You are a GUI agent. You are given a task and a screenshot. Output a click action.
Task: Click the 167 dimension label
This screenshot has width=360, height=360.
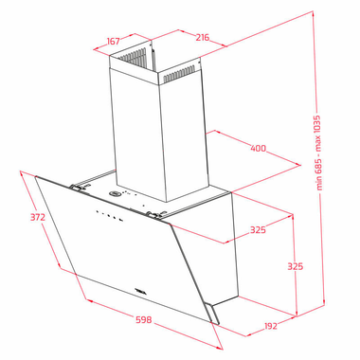coord(113,41)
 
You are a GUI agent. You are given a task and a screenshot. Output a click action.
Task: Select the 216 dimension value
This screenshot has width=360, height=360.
coord(202,37)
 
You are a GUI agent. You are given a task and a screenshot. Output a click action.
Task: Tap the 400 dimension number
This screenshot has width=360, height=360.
coord(258,148)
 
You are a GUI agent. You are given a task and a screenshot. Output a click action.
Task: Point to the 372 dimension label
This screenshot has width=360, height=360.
coord(38,217)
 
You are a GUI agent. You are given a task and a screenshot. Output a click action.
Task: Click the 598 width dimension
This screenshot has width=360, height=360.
coord(144,319)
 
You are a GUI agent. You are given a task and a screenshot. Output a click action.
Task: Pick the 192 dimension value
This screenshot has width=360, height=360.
coord(270,326)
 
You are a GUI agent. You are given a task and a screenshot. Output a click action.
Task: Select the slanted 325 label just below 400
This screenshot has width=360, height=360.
coord(258,229)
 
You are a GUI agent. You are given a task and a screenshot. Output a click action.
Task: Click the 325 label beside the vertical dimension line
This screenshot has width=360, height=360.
coord(296,266)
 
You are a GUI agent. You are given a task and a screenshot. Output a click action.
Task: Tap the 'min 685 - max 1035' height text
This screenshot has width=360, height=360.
coord(319,153)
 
